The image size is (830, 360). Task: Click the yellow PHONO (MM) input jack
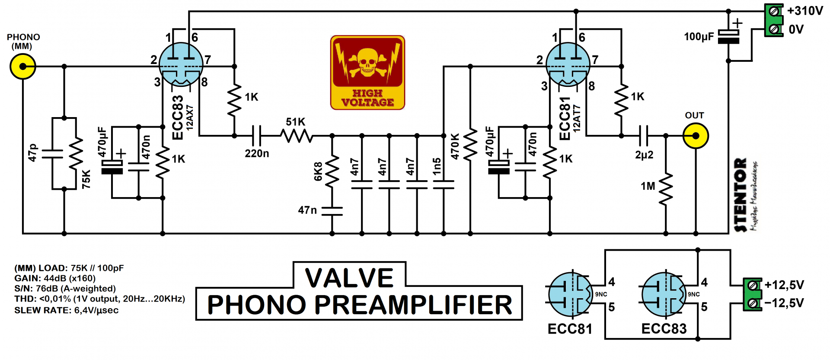tap(22, 67)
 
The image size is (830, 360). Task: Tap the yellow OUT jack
tap(695, 136)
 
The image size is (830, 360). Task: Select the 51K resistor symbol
tap(297, 136)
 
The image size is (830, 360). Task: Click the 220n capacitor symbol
tap(256, 136)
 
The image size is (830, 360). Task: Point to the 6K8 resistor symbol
tap(332, 171)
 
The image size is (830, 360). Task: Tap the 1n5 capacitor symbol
tap(444, 185)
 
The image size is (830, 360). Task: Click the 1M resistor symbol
tap(666, 188)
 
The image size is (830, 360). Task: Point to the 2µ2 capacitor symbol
tap(644, 136)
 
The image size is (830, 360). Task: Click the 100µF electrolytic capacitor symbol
tap(728, 37)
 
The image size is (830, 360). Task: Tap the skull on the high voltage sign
tap(367, 61)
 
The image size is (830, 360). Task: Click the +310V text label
tap(805, 11)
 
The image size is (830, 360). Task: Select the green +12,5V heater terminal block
tap(753, 294)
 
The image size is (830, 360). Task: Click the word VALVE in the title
tap(349, 277)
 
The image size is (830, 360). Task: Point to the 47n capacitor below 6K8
tap(332, 211)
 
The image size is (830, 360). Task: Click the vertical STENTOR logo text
tap(741, 194)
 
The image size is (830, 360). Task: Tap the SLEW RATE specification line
tap(66, 310)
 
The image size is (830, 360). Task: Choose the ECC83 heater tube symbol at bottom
tap(664, 294)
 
